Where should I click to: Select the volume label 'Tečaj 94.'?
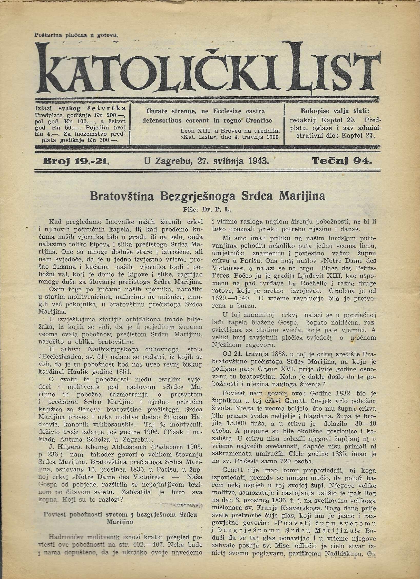coord(342,161)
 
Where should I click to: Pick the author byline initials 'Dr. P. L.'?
coord(217,209)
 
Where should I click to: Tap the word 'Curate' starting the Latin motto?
coord(157,111)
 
